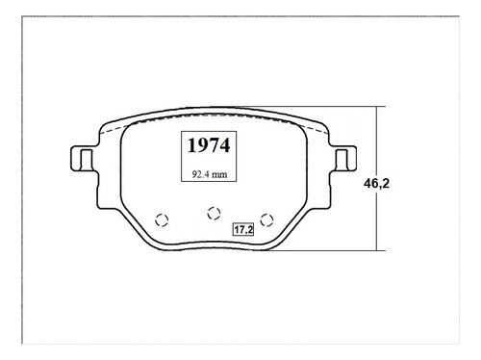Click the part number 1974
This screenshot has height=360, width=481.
[209, 145]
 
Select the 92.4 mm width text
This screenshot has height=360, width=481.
[210, 174]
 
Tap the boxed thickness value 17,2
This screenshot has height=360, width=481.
[243, 229]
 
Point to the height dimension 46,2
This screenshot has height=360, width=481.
[377, 183]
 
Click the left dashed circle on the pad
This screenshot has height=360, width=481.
[162, 220]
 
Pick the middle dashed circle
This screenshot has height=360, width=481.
[214, 213]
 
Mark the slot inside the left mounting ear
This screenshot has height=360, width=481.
[86, 160]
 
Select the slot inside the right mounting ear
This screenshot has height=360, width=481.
[342, 160]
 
